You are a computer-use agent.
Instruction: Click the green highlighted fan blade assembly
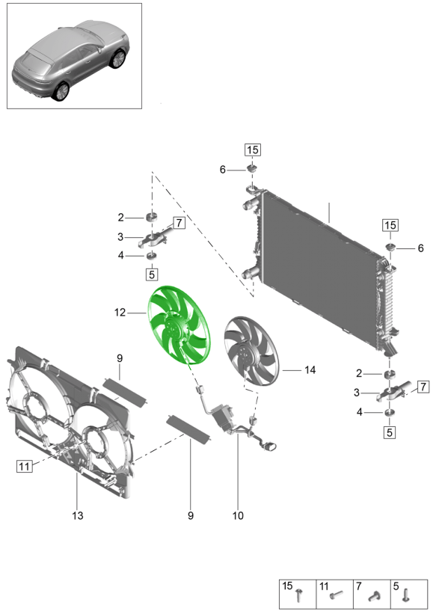tap(179, 325)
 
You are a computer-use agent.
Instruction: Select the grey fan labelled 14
tap(251, 351)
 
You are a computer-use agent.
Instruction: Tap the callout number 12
tap(120, 313)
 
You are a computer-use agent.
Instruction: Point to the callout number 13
tap(78, 515)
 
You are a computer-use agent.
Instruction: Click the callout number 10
tap(238, 515)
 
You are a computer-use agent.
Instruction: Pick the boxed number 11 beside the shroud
tap(24, 466)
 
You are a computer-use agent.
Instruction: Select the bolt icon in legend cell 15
tap(300, 595)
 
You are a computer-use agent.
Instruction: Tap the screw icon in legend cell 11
tap(336, 595)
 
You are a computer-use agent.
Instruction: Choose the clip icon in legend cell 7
tap(375, 595)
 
